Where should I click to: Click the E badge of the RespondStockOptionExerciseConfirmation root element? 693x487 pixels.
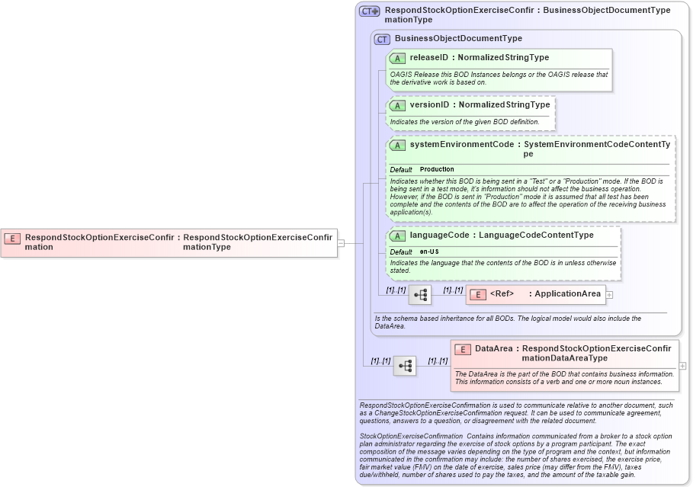point(12,238)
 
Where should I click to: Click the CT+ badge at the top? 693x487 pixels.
point(370,11)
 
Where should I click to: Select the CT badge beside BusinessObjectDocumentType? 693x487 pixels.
point(383,39)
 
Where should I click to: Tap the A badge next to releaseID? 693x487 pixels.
point(398,58)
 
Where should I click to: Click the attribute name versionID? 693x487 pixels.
point(428,105)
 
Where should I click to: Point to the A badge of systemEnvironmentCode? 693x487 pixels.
point(398,145)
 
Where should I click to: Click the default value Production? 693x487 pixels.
point(437,169)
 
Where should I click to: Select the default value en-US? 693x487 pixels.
point(429,252)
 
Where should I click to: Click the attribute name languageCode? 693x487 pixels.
point(439,235)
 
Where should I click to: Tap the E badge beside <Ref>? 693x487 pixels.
point(477,294)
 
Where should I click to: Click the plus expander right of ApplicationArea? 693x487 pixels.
point(609,294)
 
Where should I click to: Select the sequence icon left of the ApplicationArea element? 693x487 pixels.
point(420,295)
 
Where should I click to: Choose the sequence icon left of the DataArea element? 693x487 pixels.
point(405,366)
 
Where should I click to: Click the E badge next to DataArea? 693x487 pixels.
point(462,349)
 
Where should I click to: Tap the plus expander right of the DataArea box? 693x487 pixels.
point(682,366)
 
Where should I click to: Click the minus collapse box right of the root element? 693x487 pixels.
point(341,243)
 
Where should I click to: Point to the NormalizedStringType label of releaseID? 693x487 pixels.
point(503,58)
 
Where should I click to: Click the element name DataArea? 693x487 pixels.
point(494,348)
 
